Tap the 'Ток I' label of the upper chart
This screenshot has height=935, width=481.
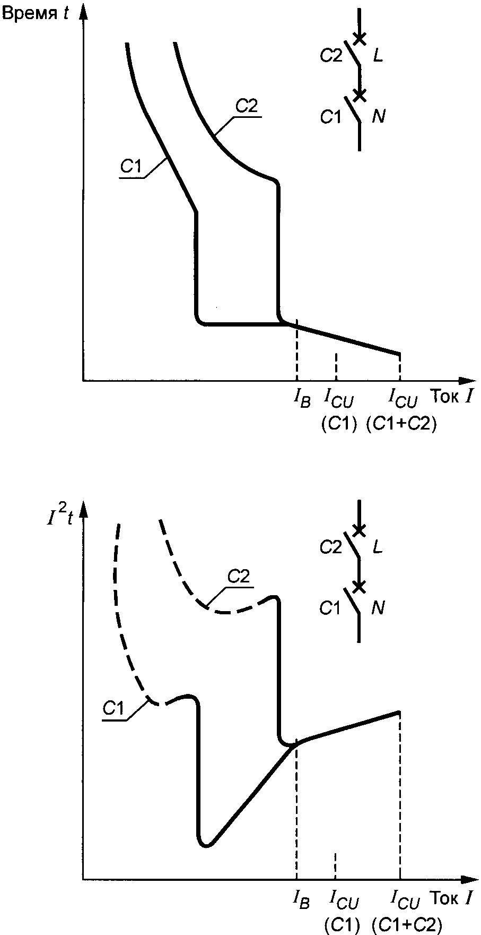pos(451,396)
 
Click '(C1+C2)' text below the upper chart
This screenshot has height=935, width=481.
pos(401,424)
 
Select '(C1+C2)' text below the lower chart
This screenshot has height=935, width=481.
pos(407,925)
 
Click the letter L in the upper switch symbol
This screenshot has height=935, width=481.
pos(378,56)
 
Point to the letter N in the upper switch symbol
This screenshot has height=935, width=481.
pos(379,116)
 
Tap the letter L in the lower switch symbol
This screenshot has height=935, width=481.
pos(378,547)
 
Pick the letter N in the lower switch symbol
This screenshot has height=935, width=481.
pos(379,608)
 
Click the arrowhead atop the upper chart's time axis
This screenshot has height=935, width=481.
pos(84,12)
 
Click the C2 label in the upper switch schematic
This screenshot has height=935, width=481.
pos(331,56)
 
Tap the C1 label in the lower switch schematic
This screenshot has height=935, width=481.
pos(331,608)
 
